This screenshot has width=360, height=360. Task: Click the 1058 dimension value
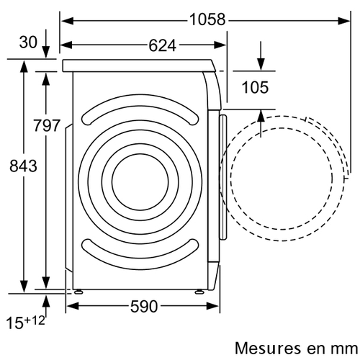207,19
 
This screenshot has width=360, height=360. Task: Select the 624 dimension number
163,45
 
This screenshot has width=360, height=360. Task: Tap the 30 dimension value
28,42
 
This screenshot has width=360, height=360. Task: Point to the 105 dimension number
255,87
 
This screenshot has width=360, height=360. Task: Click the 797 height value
46,125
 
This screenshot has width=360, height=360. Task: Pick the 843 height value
23,166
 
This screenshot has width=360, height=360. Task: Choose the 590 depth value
144,307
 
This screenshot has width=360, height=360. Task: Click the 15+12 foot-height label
25,322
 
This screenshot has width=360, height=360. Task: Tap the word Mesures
268,348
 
